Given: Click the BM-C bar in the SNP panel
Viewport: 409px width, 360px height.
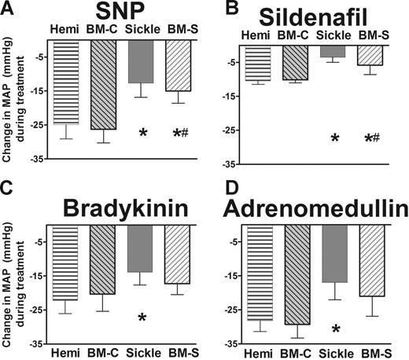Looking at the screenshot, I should (x=103, y=86).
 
